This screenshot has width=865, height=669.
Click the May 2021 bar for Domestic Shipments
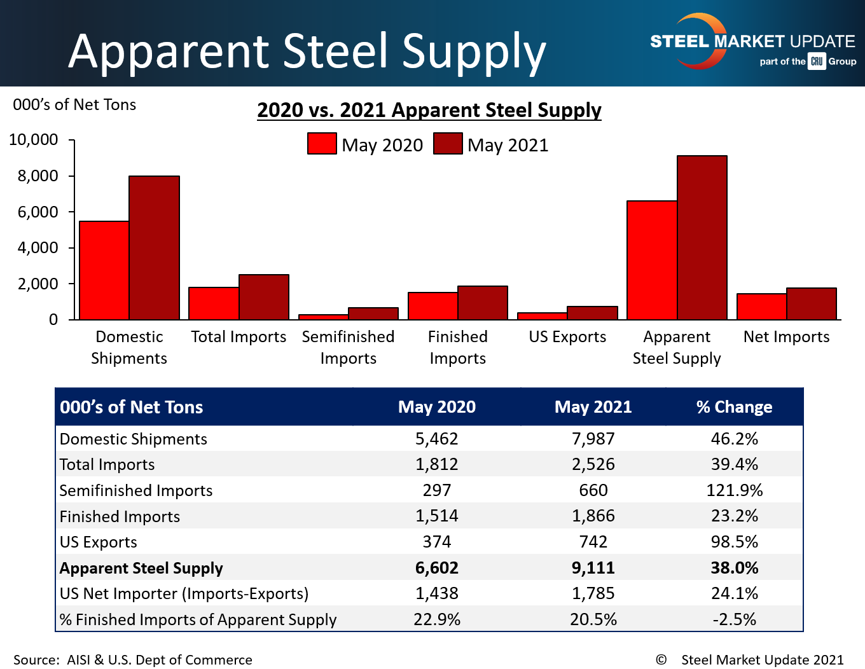[x=154, y=247]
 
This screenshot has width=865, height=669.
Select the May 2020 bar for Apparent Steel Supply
[x=652, y=260]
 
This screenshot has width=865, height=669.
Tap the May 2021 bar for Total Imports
[x=264, y=297]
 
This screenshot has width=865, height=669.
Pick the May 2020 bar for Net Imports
[x=761, y=307]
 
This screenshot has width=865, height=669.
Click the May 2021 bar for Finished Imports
[x=483, y=303]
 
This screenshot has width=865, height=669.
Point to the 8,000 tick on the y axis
[x=72, y=176]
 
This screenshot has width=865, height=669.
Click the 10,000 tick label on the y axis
[x=34, y=140]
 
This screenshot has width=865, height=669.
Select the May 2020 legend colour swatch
[x=322, y=144]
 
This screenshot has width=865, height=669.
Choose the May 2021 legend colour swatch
[x=448, y=144]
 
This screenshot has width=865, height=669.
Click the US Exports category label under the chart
[x=567, y=337]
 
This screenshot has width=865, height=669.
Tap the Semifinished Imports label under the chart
[x=348, y=347]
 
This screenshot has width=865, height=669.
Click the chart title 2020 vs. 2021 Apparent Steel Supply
[x=429, y=110]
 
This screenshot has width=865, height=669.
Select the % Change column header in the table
[x=734, y=407]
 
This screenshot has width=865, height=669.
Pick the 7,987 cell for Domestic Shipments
[x=593, y=439]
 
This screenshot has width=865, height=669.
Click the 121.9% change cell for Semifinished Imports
[x=734, y=490]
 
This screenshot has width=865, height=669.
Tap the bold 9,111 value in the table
[x=593, y=568]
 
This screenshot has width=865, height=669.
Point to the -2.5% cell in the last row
[x=734, y=619]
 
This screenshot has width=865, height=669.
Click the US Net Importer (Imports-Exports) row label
[x=184, y=593]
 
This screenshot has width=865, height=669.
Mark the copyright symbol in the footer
[x=661, y=659]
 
